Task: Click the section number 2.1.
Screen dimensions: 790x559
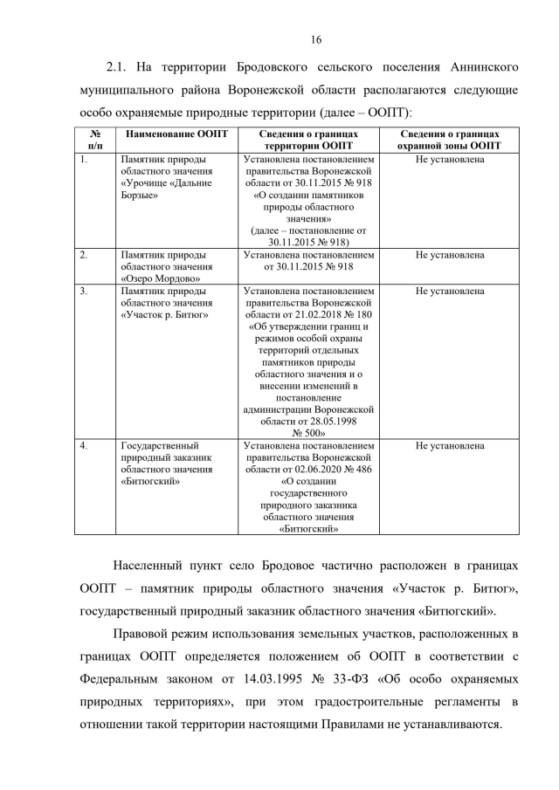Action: (x=119, y=68)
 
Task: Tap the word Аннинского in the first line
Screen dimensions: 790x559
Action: (x=487, y=68)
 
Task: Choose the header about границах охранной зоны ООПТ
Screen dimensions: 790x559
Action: (x=450, y=140)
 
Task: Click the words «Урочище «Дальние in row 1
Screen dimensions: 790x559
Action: (x=162, y=185)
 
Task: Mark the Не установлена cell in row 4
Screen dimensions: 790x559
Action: (x=450, y=446)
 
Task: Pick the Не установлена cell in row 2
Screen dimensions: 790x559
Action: (x=450, y=255)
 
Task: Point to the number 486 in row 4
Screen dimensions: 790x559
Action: (x=361, y=469)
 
